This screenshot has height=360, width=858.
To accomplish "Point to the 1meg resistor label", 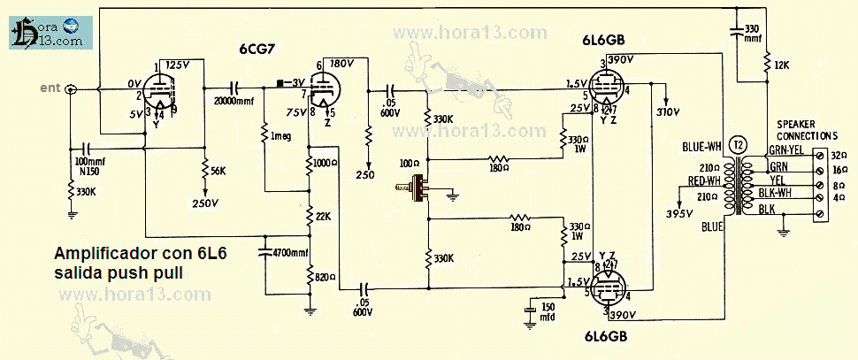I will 282,135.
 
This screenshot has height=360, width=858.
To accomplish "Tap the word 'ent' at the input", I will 51,87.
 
